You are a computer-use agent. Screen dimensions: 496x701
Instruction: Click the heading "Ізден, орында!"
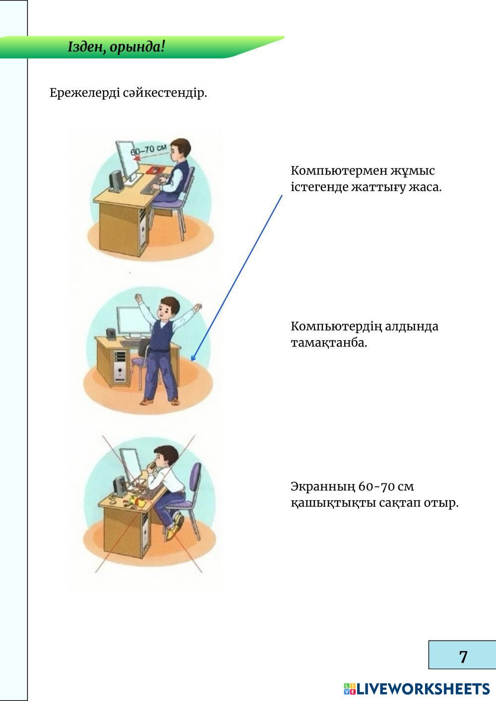116,48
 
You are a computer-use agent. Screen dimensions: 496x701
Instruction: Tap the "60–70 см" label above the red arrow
148,149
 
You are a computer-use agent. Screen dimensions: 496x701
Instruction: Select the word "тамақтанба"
328,343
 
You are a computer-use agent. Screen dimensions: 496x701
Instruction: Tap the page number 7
463,656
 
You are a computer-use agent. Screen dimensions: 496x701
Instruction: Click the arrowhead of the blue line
193,357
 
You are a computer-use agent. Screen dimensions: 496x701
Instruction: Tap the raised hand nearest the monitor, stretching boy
138,297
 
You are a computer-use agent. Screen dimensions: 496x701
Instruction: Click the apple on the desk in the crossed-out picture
141,503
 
